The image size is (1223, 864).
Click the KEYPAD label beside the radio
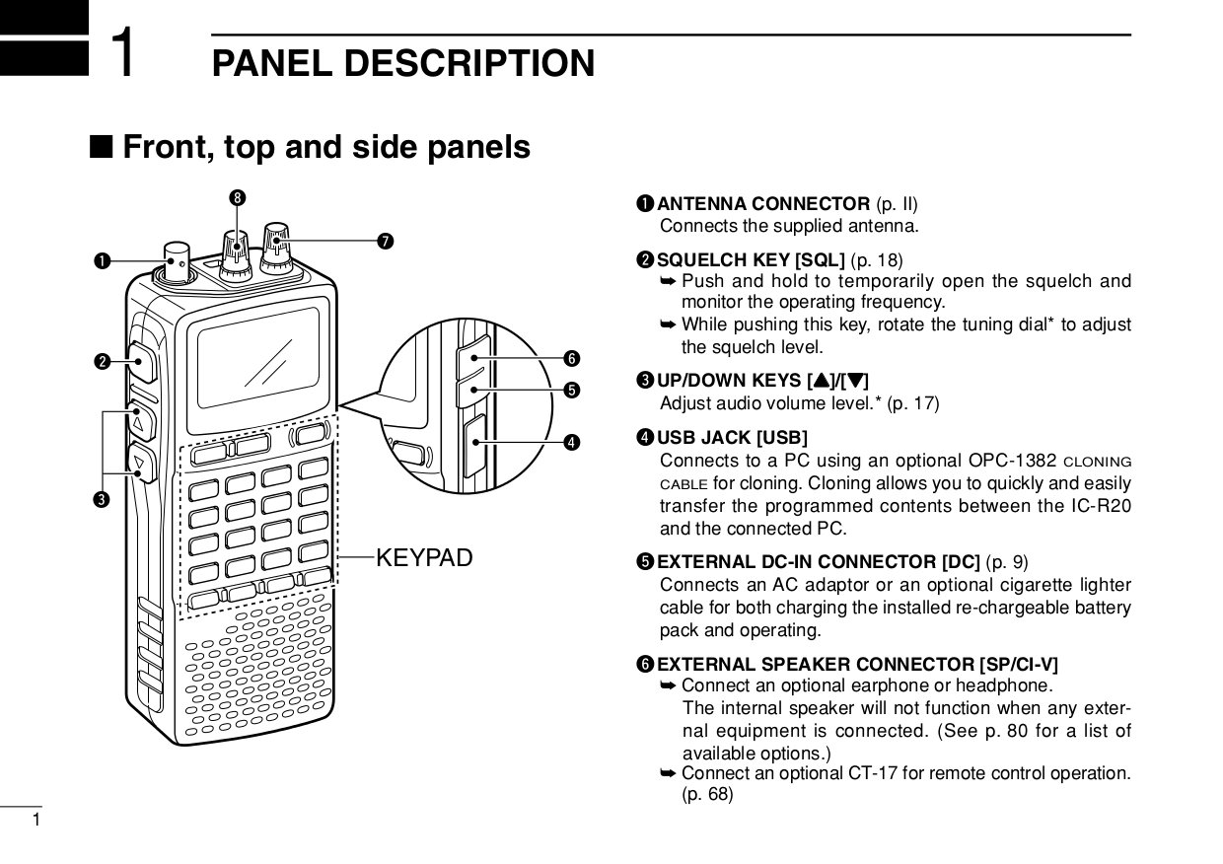point(424,558)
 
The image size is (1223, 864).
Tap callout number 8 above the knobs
point(237,199)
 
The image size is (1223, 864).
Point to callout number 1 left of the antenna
point(101,261)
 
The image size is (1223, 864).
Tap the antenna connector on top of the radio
point(178,258)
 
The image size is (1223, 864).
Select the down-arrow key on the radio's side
point(140,462)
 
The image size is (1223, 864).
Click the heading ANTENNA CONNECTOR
point(762,205)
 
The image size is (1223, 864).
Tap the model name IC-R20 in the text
point(1103,506)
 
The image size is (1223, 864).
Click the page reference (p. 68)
point(707,794)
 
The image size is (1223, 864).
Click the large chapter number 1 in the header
point(124,52)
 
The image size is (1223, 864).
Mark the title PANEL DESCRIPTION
point(403,63)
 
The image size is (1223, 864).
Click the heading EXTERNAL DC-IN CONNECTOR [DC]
point(818,563)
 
